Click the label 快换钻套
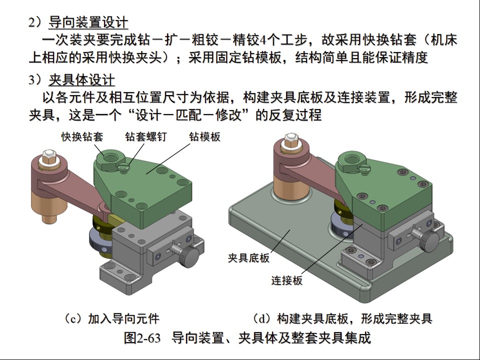[x=82, y=136]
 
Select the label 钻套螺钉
[x=145, y=136]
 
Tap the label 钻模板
[x=204, y=136]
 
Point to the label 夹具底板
[x=248, y=258]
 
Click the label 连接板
[x=286, y=280]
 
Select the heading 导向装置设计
[x=88, y=22]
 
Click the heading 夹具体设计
[x=81, y=79]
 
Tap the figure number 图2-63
[x=142, y=337]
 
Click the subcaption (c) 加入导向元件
[x=111, y=318]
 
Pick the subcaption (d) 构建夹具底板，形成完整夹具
[x=341, y=318]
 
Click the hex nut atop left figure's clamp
[x=48, y=156]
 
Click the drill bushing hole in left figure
[x=111, y=158]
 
